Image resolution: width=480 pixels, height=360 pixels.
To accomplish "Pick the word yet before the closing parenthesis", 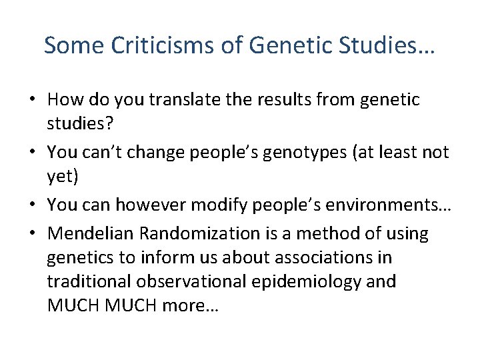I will pyautogui.click(x=59, y=175).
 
